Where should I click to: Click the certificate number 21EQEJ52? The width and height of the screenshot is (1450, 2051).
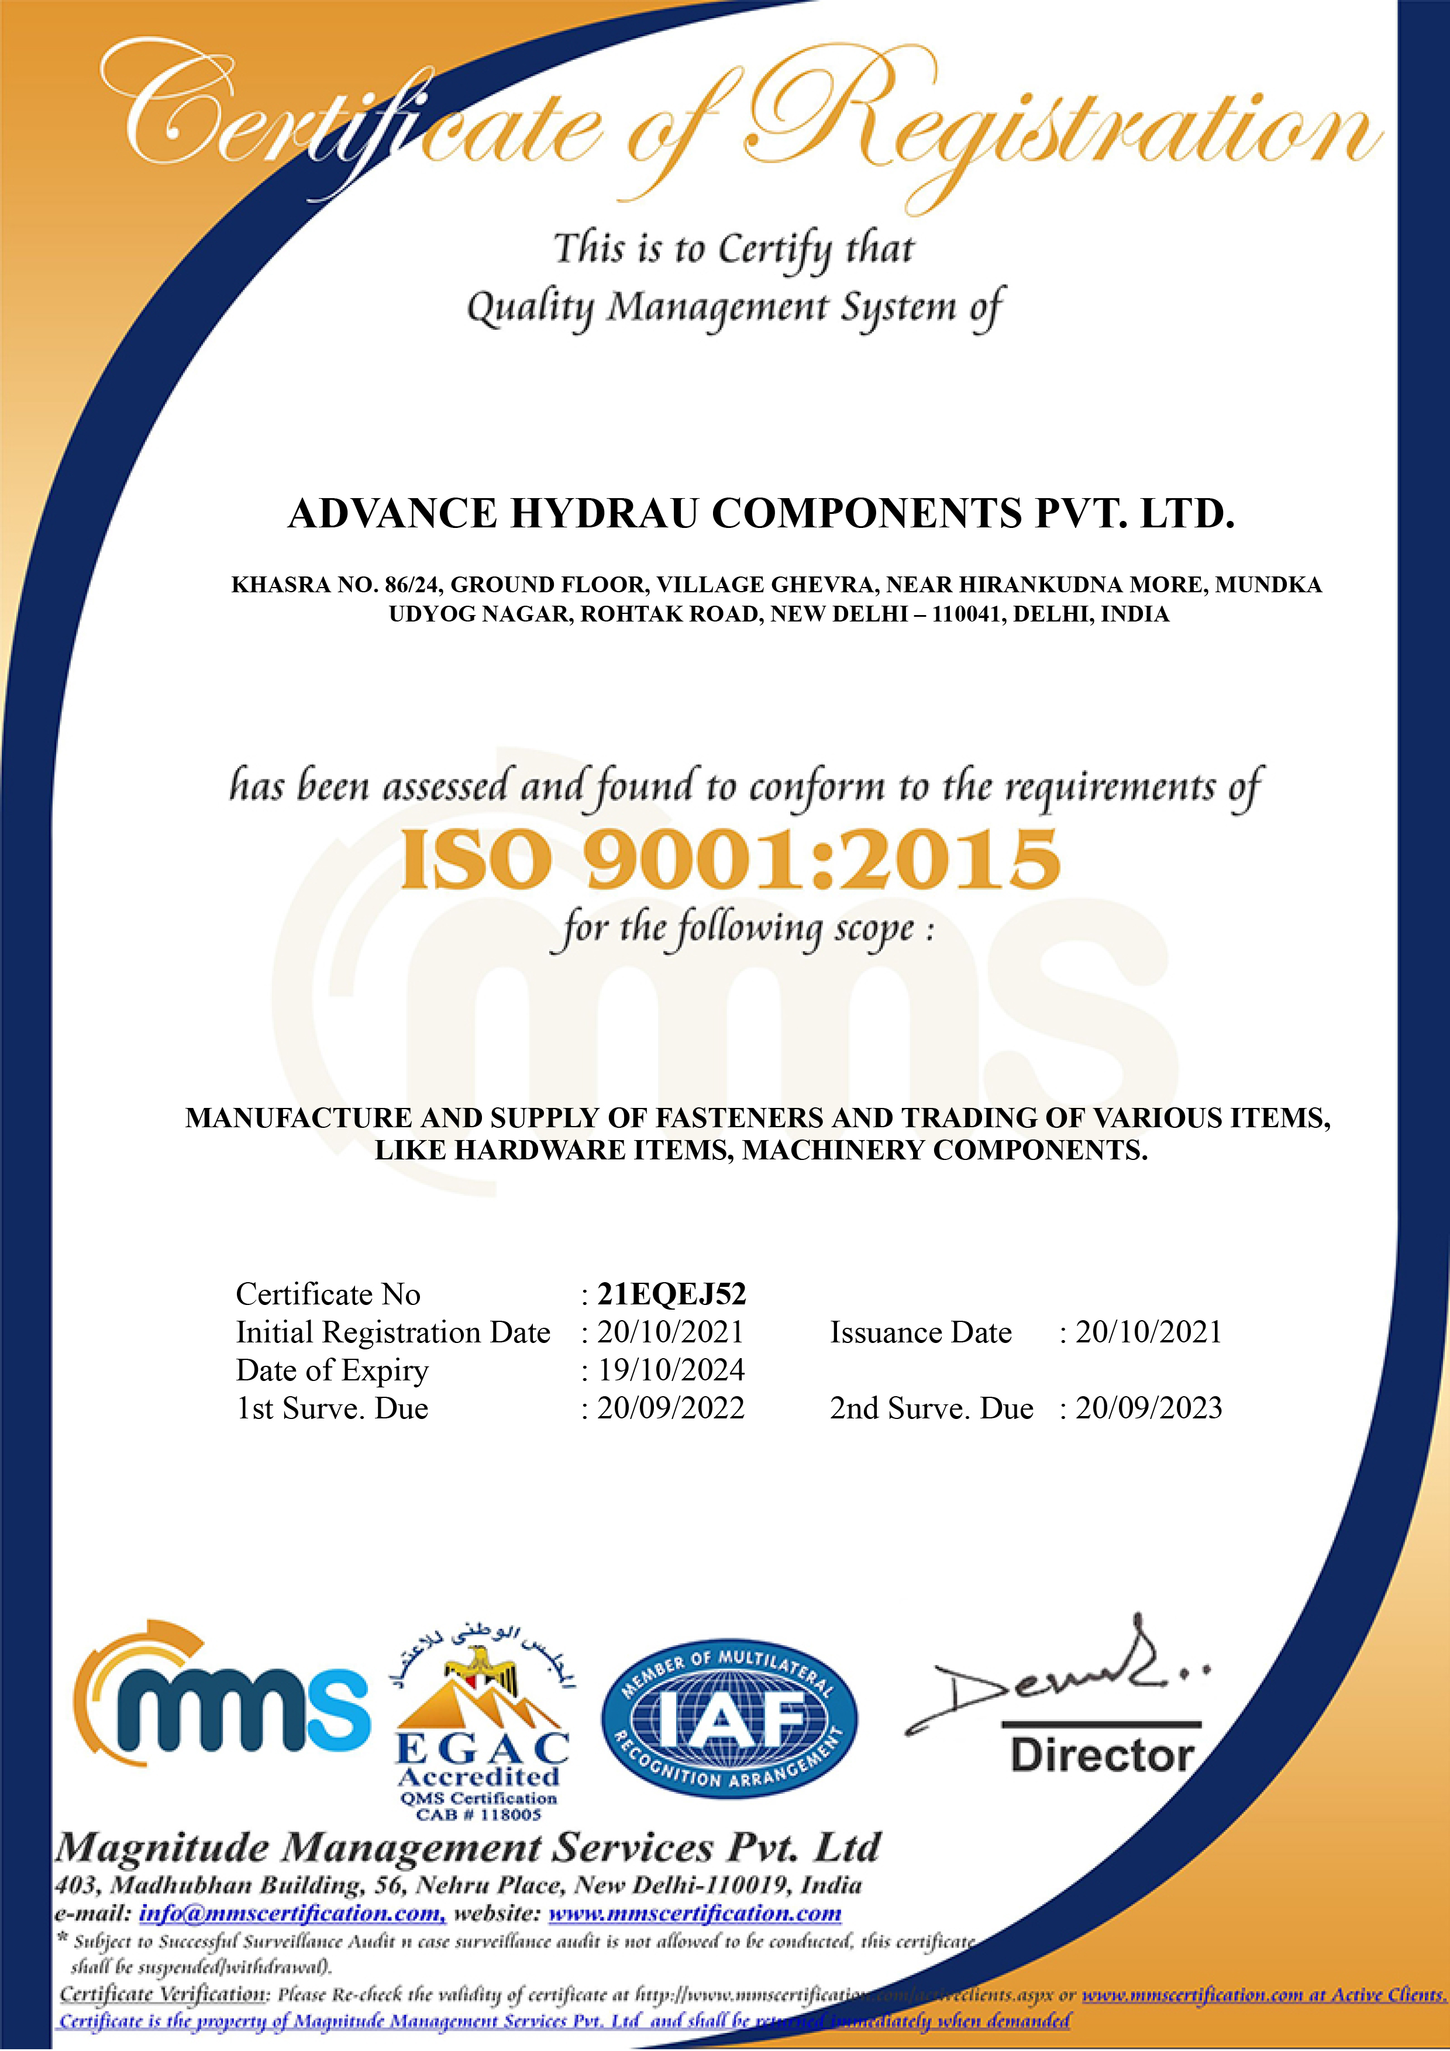click(x=671, y=1293)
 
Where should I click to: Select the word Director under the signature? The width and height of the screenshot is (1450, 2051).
click(x=1101, y=1755)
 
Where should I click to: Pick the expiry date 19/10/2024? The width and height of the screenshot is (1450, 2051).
click(x=671, y=1369)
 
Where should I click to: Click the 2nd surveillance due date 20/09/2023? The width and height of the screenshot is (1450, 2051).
click(x=1148, y=1408)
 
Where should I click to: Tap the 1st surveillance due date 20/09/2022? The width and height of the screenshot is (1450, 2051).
click(x=671, y=1408)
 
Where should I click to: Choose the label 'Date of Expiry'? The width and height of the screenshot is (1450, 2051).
click(x=332, y=1369)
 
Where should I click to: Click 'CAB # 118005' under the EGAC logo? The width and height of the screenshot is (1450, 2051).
click(x=479, y=1814)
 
